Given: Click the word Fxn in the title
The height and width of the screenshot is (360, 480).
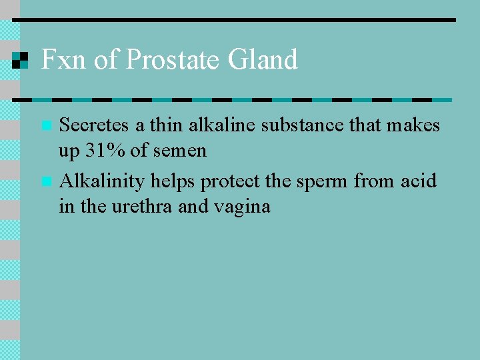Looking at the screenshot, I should coord(64,60).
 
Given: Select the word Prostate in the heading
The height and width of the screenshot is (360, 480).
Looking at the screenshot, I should coord(174,60).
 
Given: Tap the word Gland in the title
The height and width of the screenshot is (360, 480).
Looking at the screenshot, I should coord(263,60).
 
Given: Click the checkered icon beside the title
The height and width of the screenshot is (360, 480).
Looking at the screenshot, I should coord(21,60).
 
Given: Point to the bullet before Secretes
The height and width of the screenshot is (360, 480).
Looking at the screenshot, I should coord(45,125).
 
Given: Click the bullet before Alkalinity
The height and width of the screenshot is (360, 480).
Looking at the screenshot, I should coord(45,181).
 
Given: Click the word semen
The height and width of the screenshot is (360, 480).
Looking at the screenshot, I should coord(179,151).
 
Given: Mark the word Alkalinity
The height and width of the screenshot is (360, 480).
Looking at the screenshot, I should coord(102,181).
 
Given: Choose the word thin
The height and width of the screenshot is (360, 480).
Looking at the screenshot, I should coord(165,125).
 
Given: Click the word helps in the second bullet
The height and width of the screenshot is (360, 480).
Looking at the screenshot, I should coord(170,181).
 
